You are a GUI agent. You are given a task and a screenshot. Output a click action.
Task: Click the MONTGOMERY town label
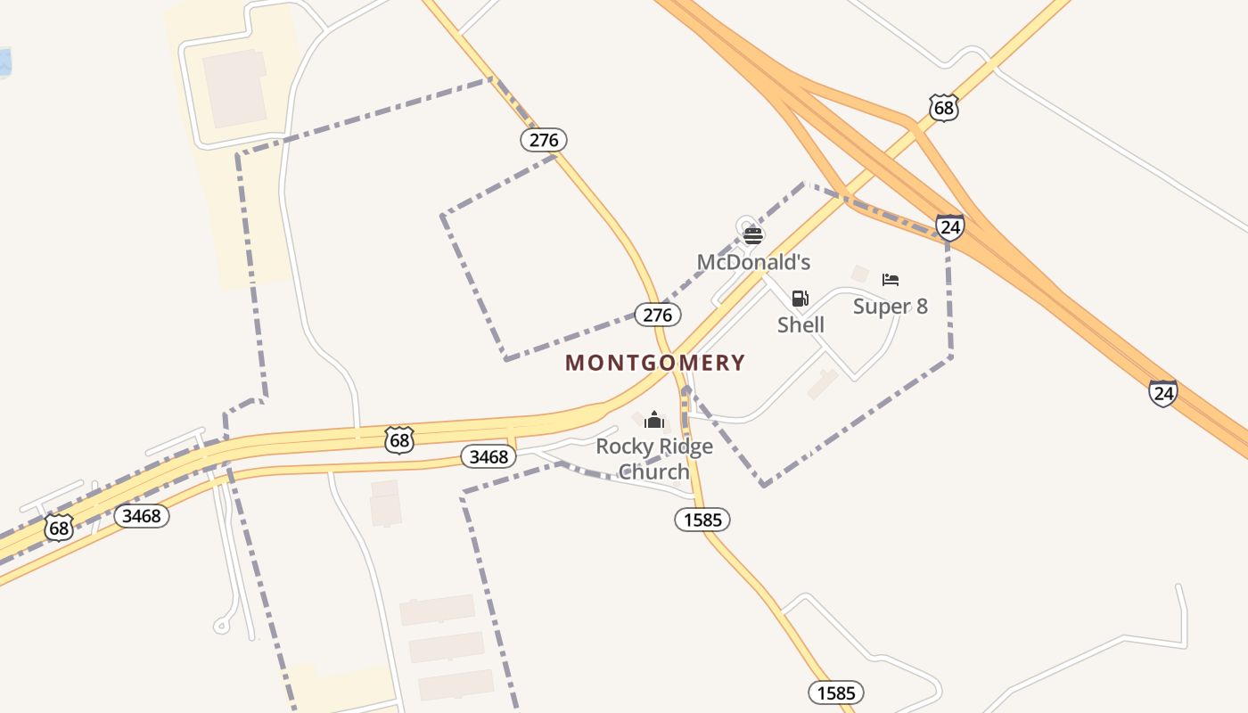(655, 363)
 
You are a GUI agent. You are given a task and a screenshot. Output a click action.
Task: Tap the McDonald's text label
(753, 262)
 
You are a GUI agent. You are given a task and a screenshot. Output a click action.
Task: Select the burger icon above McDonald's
(753, 235)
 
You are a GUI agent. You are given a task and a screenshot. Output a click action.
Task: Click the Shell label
(801, 324)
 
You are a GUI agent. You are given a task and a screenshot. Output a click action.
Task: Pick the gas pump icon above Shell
(801, 299)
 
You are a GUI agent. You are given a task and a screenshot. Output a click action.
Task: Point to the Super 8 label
(890, 307)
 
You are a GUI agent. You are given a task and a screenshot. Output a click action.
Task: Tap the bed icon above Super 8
(891, 280)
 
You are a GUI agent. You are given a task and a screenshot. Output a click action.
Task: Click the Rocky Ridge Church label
(654, 458)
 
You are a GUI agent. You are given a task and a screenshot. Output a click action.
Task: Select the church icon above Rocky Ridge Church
(654, 420)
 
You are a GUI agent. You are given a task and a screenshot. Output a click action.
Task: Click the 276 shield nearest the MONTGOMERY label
(658, 315)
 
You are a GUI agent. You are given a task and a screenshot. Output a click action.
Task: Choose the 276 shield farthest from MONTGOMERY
(544, 140)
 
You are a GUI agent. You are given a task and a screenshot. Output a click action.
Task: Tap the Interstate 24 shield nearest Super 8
(950, 227)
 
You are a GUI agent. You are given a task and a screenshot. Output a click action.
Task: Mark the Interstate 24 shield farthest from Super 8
(1162, 393)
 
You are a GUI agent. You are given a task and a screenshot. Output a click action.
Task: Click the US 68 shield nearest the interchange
(943, 108)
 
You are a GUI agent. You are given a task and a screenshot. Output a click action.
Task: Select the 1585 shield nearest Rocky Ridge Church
(702, 520)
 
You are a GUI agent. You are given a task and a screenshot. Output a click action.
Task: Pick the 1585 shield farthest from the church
(836, 693)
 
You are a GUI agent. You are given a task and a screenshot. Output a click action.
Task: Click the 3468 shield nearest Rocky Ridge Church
(489, 457)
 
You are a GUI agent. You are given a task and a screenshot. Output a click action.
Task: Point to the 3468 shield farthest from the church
(142, 515)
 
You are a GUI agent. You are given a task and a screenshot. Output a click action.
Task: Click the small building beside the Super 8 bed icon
(859, 274)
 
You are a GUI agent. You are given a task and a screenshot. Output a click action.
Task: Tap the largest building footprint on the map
(235, 88)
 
